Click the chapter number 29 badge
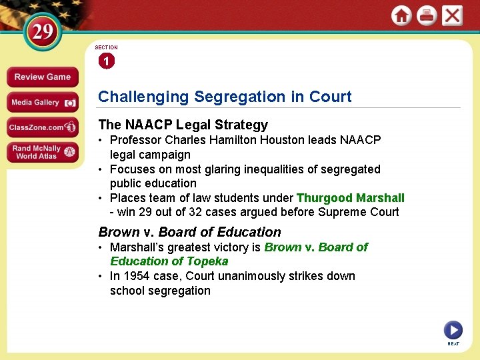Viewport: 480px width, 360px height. [42, 33]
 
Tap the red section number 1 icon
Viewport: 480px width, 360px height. [106, 61]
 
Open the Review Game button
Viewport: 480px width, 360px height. [42, 77]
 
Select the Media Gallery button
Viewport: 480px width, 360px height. [42, 103]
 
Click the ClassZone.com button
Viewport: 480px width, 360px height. [42, 127]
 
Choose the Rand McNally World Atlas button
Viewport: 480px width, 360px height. [42, 152]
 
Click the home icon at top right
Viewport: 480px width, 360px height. [401, 16]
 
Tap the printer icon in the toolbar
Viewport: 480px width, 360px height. [427, 16]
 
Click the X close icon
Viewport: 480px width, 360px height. [452, 16]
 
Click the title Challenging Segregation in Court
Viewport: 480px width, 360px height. [225, 97]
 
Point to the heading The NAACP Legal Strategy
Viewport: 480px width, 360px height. [183, 125]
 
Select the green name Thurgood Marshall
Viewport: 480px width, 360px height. [350, 198]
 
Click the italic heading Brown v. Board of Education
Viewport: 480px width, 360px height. [189, 232]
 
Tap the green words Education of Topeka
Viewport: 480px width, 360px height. [169, 261]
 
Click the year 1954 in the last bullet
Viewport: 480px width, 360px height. [136, 276]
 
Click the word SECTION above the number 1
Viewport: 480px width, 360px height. [106, 47]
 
